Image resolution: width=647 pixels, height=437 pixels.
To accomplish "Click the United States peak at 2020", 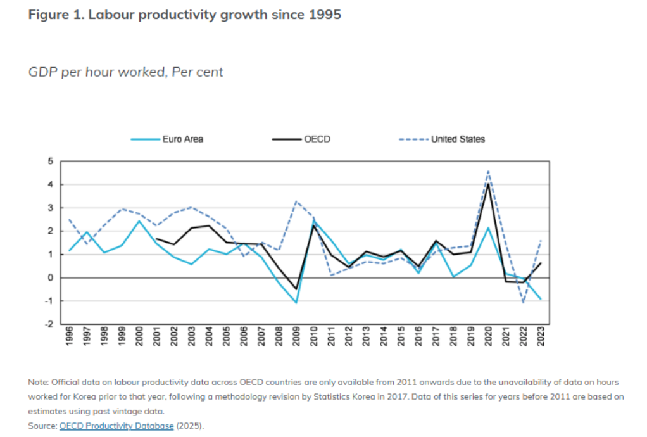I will pyautogui.click(x=488, y=170).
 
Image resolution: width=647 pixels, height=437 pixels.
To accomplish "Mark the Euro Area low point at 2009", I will pyautogui.click(x=296, y=303).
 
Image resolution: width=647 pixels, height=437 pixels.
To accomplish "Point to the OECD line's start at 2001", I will pyautogui.click(x=156, y=239).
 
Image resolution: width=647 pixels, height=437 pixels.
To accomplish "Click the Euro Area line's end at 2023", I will pyautogui.click(x=541, y=300).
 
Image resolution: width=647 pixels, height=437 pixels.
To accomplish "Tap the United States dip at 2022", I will pyautogui.click(x=524, y=303).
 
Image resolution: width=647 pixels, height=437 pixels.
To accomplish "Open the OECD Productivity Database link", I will pyautogui.click(x=116, y=426).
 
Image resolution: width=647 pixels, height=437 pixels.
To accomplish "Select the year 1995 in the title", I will pyautogui.click(x=324, y=15).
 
